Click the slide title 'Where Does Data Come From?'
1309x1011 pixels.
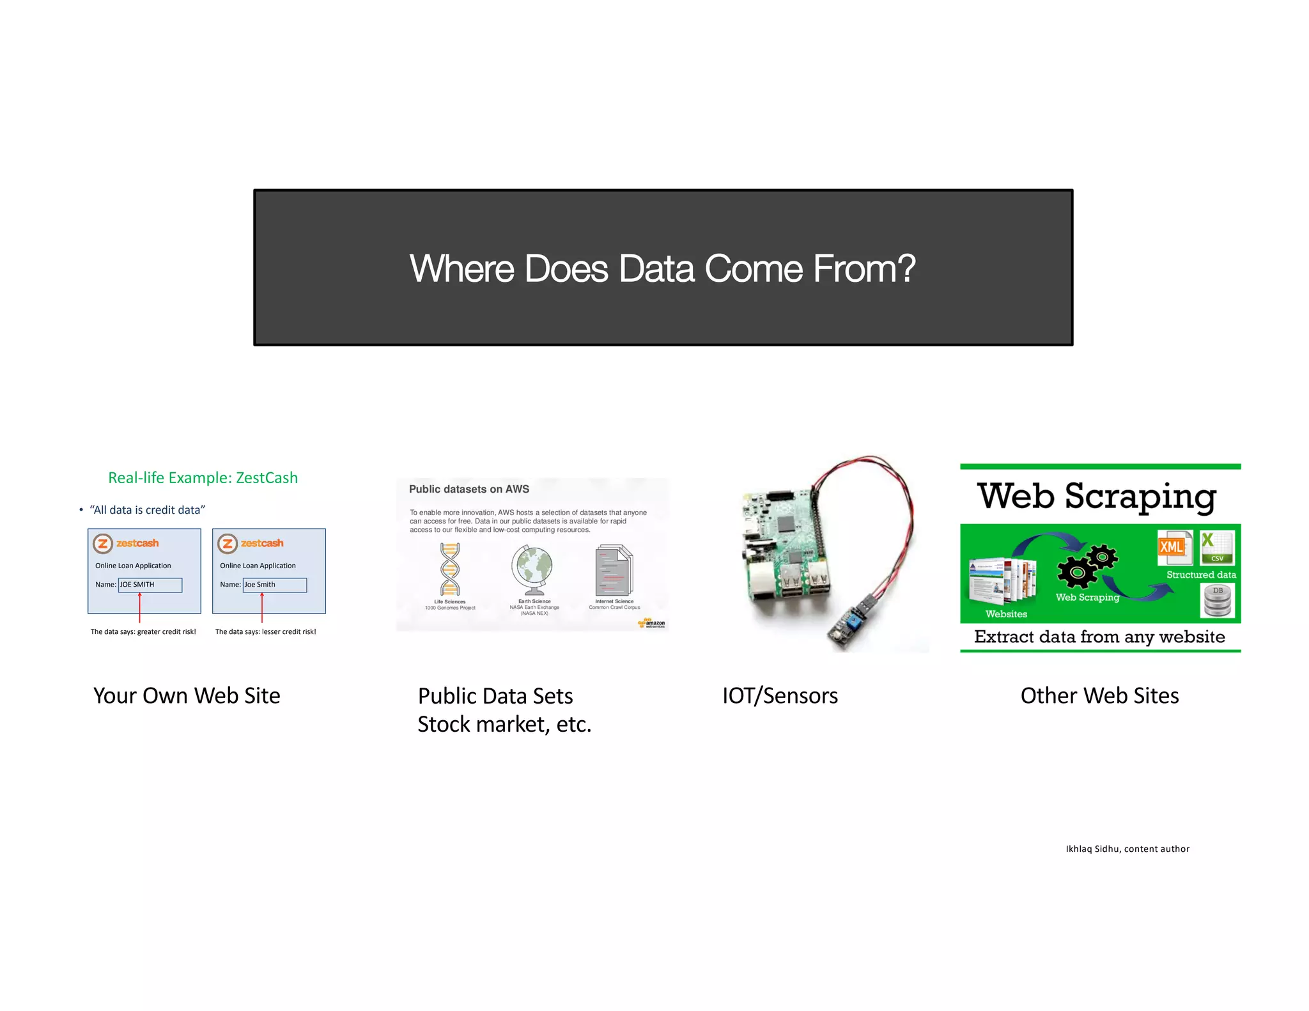[662, 268]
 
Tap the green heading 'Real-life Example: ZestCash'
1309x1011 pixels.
[203, 478]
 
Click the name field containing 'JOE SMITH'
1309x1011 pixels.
[150, 585]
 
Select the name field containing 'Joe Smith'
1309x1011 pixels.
[274, 585]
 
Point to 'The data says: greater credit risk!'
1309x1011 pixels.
[143, 632]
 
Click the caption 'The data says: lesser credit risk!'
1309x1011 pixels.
[265, 632]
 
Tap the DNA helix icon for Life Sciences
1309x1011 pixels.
[450, 569]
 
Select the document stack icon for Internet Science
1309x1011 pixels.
[614, 570]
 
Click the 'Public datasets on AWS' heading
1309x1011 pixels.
[469, 490]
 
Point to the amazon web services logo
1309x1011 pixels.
[652, 623]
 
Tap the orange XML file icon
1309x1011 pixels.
[1174, 547]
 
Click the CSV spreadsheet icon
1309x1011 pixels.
[1216, 548]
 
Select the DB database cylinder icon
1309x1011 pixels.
[1217, 601]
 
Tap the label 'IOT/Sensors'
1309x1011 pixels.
[780, 696]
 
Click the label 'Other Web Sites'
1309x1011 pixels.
[1099, 696]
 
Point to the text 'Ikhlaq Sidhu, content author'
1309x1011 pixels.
[1127, 849]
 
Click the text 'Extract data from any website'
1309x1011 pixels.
[1099, 637]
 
